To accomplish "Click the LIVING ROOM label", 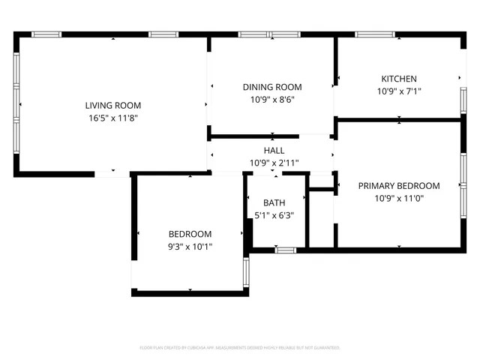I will click(x=112, y=106).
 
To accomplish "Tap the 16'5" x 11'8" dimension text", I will click(x=112, y=118).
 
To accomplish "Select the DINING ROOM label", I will click(x=271, y=87).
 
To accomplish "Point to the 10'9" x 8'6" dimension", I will click(x=271, y=99).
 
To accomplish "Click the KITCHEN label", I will click(x=399, y=79).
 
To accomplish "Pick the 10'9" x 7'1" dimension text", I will click(x=399, y=91).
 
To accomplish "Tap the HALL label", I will click(x=274, y=151).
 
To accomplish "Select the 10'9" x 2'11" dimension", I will click(x=274, y=163).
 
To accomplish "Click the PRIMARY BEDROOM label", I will click(x=398, y=185).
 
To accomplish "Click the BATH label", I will click(x=274, y=203).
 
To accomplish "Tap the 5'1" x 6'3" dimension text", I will click(x=274, y=215).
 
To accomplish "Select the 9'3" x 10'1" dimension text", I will click(x=190, y=245).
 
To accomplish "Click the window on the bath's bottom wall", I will click(x=285, y=250).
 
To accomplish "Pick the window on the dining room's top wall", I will click(x=268, y=34).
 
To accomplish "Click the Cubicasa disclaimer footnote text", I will click(x=240, y=348).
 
